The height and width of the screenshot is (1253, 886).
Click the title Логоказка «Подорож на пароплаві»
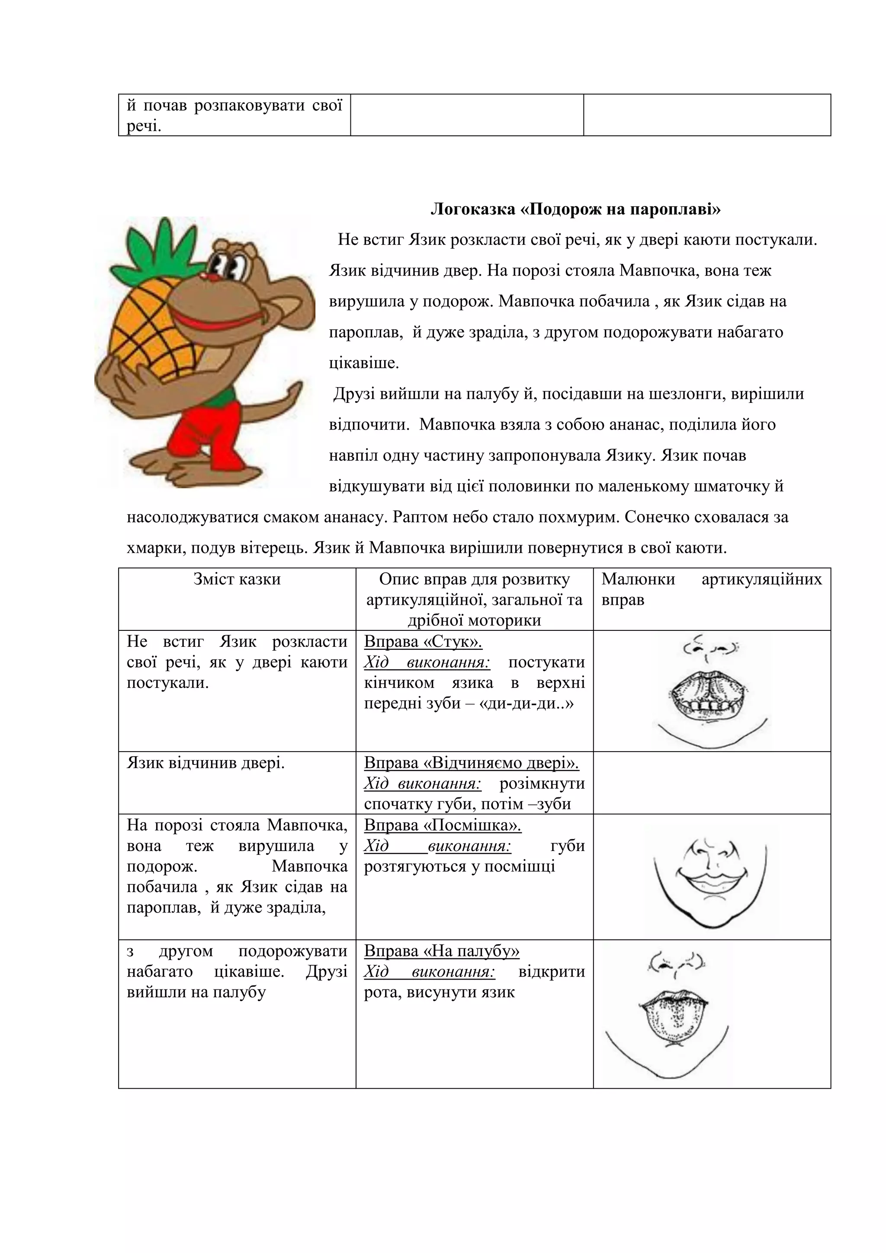[x=575, y=209]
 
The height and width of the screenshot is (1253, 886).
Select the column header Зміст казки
[x=237, y=579]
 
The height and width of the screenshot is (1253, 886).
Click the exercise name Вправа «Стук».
[x=423, y=641]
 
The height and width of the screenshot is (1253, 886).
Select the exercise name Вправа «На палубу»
[x=441, y=951]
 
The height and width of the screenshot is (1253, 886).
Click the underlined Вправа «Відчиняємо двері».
[x=472, y=763]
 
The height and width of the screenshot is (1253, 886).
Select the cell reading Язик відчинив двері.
[x=205, y=763]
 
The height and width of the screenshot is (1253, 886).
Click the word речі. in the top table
[x=144, y=127]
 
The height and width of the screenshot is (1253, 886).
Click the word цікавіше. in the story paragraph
[x=364, y=363]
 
